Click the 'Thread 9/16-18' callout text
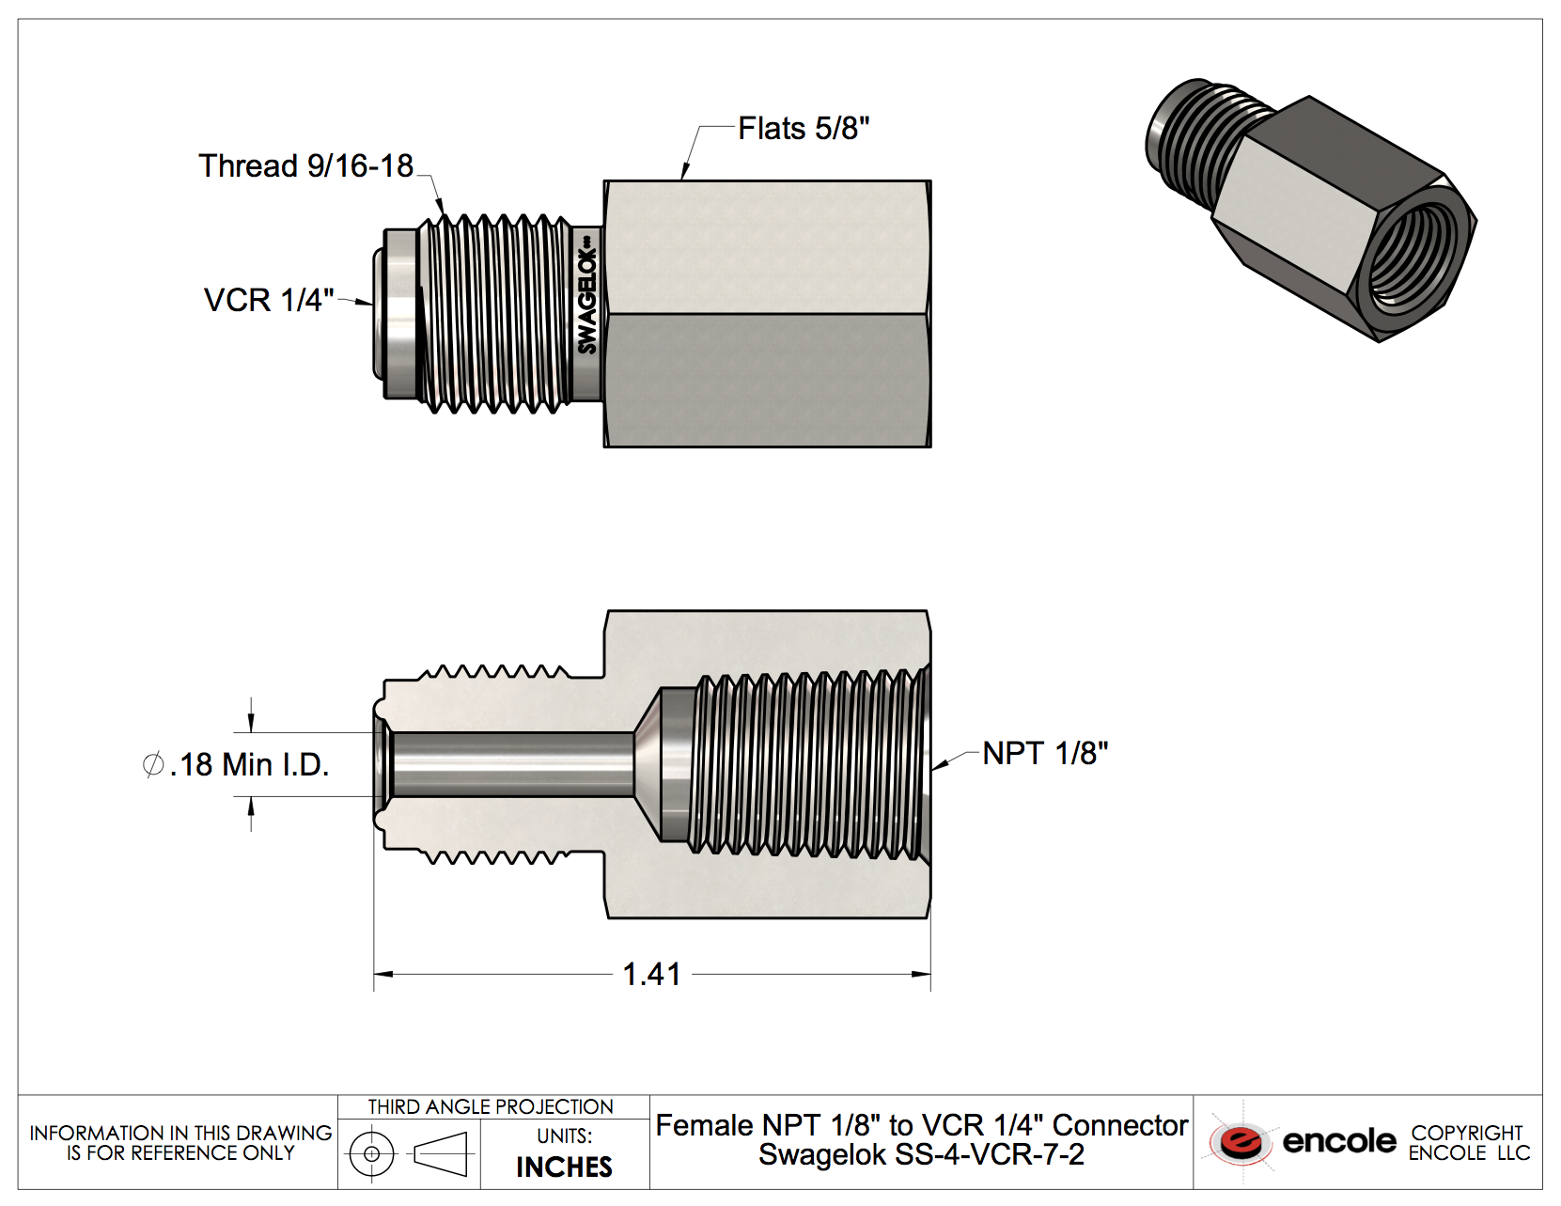coord(305,166)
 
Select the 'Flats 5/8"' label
coord(803,129)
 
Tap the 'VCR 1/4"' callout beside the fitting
coord(269,301)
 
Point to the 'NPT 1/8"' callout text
coord(1045,754)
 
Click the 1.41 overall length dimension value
coord(651,975)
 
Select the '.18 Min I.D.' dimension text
coord(249,765)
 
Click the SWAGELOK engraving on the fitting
coord(587,301)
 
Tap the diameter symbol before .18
coord(153,765)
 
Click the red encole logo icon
coord(1241,1142)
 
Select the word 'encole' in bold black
coord(1339,1141)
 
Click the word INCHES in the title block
coord(564,1167)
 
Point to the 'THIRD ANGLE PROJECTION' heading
coord(491,1107)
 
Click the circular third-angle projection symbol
coord(372,1153)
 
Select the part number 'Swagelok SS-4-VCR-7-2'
coord(921,1154)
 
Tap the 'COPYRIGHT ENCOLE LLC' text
coord(1469,1143)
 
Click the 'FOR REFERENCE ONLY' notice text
coord(180,1153)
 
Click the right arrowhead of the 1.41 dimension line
coord(923,975)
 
